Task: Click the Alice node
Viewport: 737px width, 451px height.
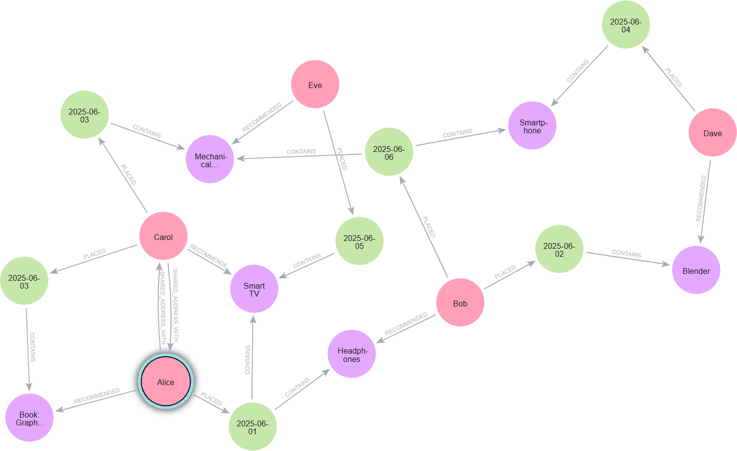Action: tap(166, 382)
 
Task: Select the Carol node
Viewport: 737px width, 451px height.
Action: tap(163, 237)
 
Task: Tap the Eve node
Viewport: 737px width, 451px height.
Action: tap(315, 85)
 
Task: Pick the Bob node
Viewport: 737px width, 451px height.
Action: tap(460, 303)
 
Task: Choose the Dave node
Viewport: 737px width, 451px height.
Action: tap(712, 133)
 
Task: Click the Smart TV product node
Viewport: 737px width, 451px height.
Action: tap(254, 289)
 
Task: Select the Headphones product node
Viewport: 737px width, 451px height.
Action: tap(352, 355)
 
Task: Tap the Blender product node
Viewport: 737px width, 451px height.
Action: tap(696, 271)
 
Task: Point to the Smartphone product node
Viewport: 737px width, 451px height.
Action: tap(532, 126)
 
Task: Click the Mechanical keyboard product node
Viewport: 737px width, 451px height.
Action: tap(210, 160)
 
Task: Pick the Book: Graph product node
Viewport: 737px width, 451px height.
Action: tap(30, 418)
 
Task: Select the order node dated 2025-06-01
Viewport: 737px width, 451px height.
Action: tap(253, 427)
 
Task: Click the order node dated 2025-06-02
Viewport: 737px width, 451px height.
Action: tap(559, 249)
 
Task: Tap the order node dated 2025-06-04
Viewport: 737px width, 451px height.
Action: tap(626, 25)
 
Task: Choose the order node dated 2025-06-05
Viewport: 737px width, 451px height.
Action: tap(359, 241)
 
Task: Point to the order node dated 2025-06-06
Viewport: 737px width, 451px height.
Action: tap(389, 152)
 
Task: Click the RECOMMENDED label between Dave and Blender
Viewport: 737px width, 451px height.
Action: tap(701, 199)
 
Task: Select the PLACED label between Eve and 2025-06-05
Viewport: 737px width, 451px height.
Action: tap(341, 159)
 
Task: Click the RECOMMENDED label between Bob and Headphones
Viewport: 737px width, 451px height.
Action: tap(406, 324)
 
